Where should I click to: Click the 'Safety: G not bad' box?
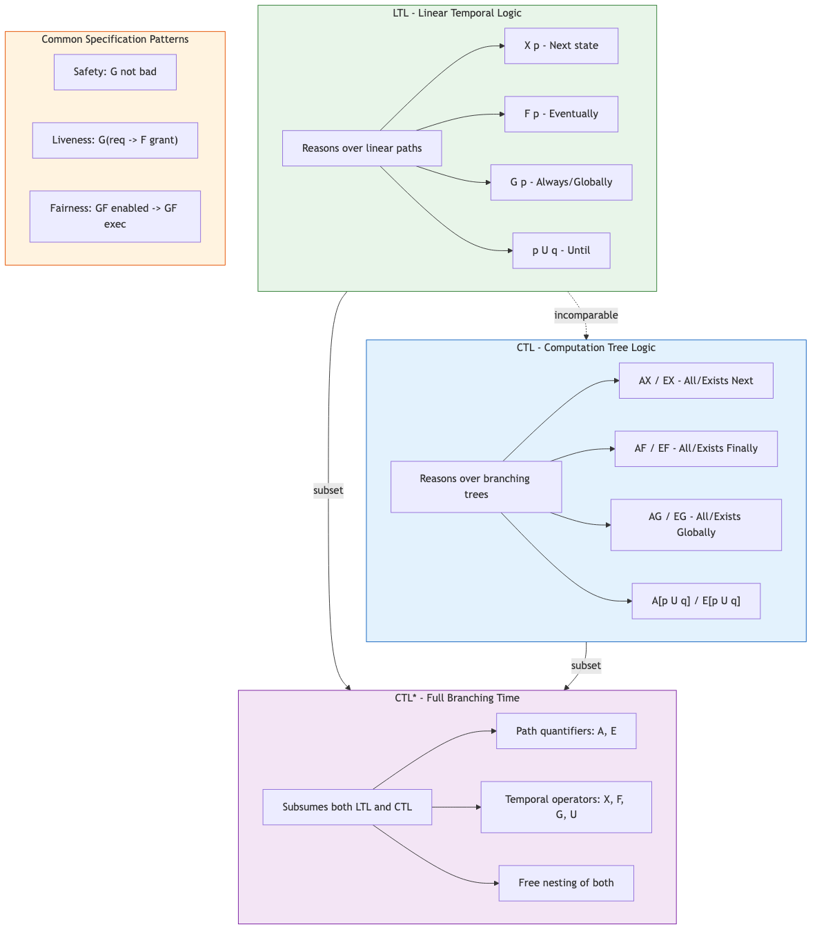pos(115,72)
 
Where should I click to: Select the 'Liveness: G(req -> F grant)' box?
pos(115,140)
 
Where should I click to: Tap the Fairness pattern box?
pos(115,216)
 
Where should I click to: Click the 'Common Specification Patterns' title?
pos(115,39)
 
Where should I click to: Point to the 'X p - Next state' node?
pos(561,46)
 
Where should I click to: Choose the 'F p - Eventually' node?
pos(561,114)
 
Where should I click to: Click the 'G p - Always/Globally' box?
pos(561,182)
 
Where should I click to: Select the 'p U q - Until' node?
pos(561,250)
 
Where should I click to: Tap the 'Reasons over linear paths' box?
pos(362,148)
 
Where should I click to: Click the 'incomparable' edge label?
pos(586,315)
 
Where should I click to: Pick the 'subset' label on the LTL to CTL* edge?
pos(328,490)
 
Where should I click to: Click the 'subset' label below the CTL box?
pos(586,666)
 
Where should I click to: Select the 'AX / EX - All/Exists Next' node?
pos(696,381)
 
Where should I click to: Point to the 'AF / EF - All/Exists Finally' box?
pos(696,448)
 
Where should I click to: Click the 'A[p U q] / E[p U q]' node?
pos(696,601)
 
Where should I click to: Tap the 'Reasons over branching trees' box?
pos(475,486)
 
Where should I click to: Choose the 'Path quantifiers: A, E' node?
pos(566,731)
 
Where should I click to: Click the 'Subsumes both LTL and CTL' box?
pos(347,807)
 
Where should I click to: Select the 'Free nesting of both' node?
pos(566,883)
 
